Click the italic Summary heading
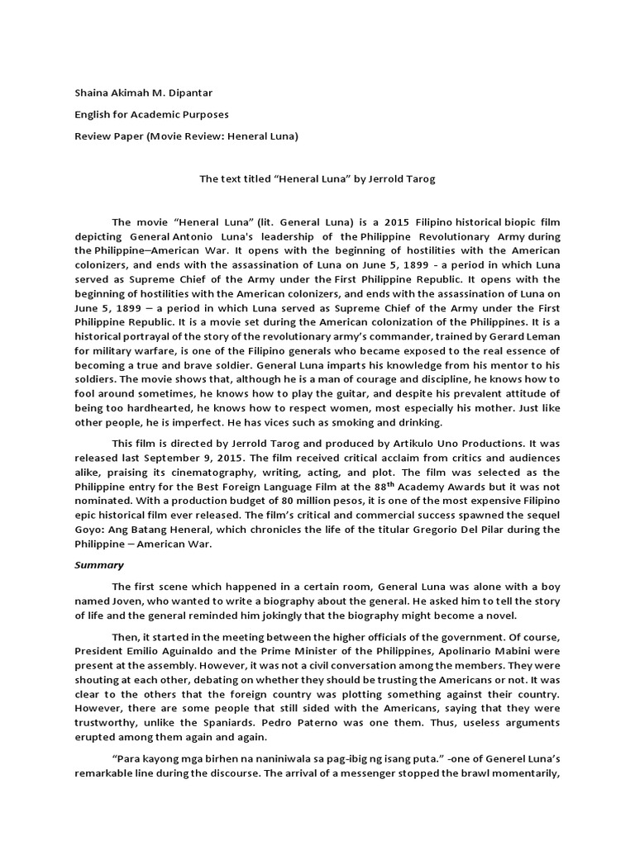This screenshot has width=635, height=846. pos(98,566)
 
